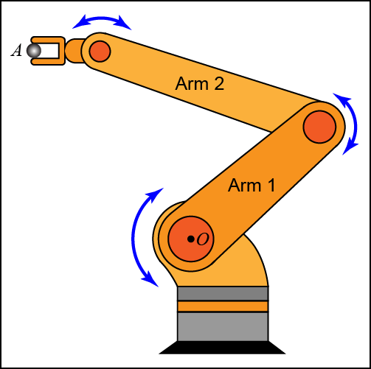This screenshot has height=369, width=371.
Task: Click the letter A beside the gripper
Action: pos(16,51)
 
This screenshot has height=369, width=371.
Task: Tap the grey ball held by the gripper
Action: pos(34,51)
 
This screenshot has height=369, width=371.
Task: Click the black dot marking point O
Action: pos(190,239)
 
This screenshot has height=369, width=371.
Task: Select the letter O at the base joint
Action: pos(203,239)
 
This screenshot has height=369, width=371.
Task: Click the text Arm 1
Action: pos(252,186)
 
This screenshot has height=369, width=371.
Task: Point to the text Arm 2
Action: pos(200,84)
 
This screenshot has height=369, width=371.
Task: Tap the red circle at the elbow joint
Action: pos(319,127)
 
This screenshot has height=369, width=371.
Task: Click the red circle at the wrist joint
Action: pos(100,52)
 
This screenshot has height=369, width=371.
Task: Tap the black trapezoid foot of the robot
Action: pos(222,348)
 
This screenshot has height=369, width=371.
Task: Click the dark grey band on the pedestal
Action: pos(223,293)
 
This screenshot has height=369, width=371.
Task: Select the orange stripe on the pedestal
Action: pos(223,306)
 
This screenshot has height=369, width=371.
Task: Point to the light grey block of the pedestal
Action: pos(223,326)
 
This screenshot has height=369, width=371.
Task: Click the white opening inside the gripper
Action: pos(49,51)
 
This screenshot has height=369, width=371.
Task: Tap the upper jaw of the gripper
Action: pos(48,41)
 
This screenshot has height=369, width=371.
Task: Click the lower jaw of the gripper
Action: pos(48,61)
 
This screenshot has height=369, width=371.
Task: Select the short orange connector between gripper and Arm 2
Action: pos(74,51)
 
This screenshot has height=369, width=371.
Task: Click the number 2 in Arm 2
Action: pos(219,84)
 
